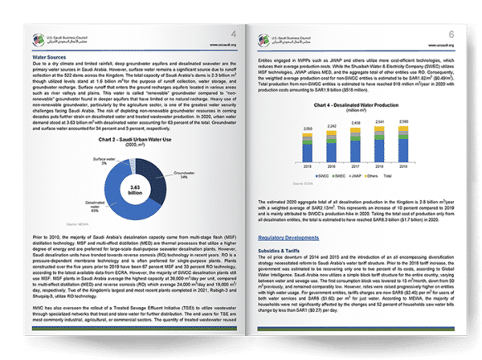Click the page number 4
(233, 35)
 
